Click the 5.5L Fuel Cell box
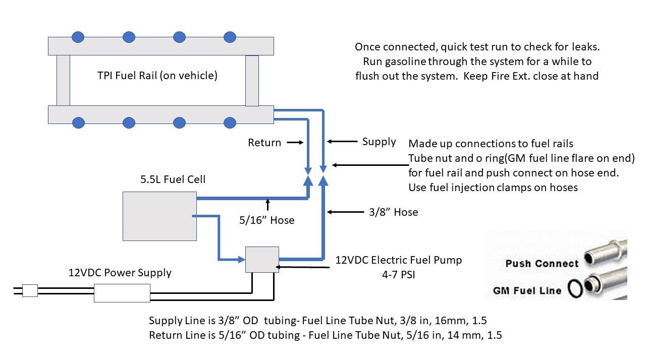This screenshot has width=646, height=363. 159,216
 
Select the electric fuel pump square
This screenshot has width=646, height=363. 262,259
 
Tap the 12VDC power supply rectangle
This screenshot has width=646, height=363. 122,293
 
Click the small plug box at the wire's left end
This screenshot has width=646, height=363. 30,290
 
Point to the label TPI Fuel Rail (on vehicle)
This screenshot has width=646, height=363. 157,76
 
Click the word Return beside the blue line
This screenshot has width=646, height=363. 264,143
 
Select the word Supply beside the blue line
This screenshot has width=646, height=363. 379,142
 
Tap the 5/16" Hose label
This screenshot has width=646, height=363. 267,220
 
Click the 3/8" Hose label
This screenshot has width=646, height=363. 393,212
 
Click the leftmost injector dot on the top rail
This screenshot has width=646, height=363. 78,37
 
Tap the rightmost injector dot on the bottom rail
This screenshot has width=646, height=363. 230,123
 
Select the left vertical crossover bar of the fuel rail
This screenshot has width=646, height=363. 63,80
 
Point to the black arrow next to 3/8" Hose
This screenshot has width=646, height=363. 343,212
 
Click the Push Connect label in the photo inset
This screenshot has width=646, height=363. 542,263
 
